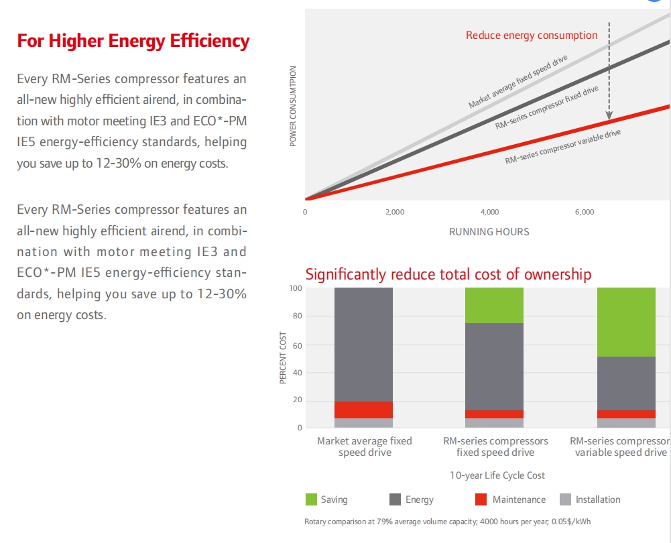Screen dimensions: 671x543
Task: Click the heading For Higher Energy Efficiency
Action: tap(133, 41)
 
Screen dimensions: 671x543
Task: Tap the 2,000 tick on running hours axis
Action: tap(395, 212)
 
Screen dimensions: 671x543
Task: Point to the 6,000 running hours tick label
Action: tap(585, 212)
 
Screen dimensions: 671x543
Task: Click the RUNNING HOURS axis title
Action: tap(489, 232)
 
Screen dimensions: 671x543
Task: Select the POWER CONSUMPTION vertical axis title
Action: tap(293, 106)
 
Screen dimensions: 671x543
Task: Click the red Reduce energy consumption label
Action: tap(532, 35)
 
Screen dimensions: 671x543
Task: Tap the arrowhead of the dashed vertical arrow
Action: tap(609, 115)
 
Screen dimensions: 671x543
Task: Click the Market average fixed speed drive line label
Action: tap(517, 81)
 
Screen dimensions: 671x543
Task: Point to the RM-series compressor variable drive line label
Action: tap(562, 147)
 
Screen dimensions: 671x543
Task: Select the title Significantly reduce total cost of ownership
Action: tap(448, 274)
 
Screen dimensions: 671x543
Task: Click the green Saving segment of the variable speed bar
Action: tap(626, 322)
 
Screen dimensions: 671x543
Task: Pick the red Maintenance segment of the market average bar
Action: tap(363, 410)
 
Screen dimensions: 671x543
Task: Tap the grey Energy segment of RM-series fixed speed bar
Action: tap(494, 367)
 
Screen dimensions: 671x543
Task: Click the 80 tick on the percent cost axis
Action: tap(297, 316)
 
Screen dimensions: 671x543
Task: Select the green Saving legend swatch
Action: tap(311, 499)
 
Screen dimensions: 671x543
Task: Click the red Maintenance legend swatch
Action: tap(481, 499)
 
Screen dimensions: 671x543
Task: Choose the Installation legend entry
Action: tap(590, 499)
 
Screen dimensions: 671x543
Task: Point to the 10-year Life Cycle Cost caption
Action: tap(497, 475)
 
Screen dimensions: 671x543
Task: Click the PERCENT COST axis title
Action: tap(283, 358)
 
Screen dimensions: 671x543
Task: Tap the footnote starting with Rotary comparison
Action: tap(448, 522)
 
